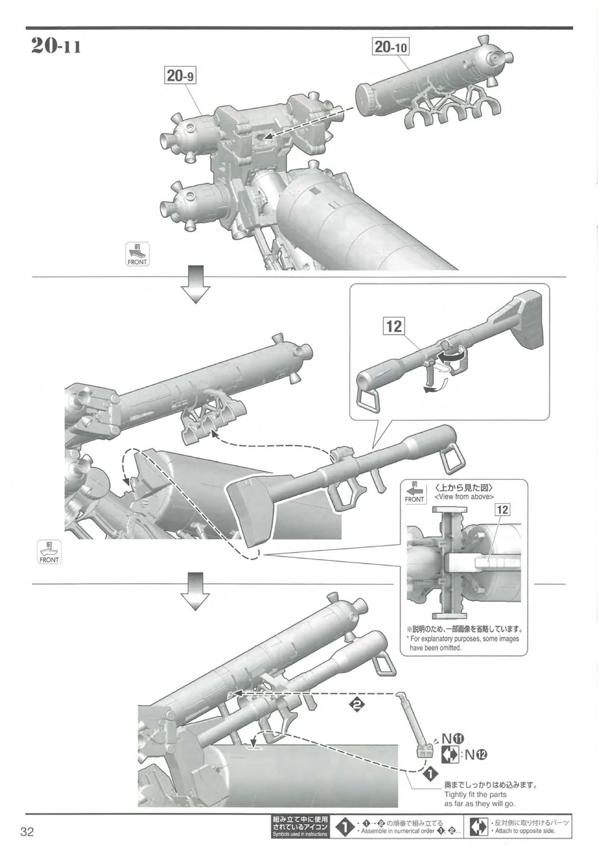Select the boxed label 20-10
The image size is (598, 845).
click(x=391, y=46)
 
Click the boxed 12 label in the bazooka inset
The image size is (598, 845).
click(x=394, y=326)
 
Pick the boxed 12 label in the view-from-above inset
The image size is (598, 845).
click(x=502, y=509)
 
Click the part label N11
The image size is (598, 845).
click(x=452, y=739)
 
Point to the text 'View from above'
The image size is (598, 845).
click(x=464, y=497)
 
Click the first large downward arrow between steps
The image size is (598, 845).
click(x=195, y=286)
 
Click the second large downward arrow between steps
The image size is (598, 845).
click(x=195, y=591)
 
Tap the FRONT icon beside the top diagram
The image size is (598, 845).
click(x=136, y=255)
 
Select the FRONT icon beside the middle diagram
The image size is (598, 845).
click(x=49, y=552)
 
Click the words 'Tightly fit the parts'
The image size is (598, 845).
click(x=475, y=794)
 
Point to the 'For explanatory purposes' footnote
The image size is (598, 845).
click(x=463, y=643)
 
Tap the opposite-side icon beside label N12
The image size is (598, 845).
click(x=449, y=755)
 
